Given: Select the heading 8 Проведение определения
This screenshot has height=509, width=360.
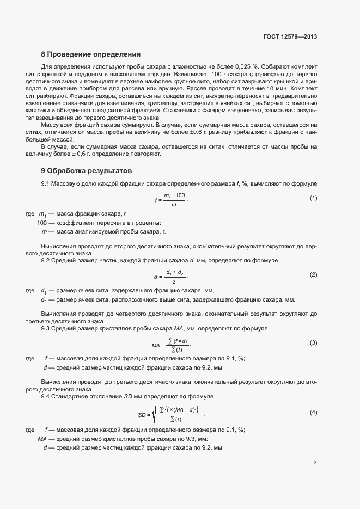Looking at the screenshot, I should (91, 54).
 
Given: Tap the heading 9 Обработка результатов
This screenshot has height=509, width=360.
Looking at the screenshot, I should (87, 170).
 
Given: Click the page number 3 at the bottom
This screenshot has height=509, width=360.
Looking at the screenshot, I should (315, 463).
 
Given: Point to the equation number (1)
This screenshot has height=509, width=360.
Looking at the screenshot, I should (313, 198).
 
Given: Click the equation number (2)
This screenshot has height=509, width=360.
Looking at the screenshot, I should (313, 274).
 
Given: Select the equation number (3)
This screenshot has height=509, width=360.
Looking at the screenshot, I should (313, 342).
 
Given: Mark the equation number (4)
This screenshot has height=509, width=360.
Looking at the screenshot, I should (313, 413).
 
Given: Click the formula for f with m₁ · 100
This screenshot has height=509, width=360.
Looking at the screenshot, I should (172, 199).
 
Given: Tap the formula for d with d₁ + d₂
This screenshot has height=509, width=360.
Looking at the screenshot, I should (172, 276).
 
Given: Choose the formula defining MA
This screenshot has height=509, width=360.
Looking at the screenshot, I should (172, 344).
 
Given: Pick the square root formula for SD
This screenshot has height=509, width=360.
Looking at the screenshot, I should (170, 414).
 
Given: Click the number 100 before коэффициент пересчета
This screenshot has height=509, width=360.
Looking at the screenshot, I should (42, 223).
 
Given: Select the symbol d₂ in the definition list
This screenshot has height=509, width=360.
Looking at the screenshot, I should (44, 300).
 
